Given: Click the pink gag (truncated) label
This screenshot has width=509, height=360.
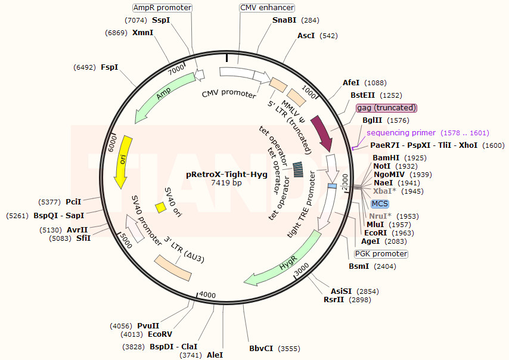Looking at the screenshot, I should pyautogui.click(x=386, y=108).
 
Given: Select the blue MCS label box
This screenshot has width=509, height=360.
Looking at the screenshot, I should pyautogui.click(x=380, y=204).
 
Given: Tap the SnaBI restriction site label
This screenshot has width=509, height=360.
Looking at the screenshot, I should pyautogui.click(x=284, y=20).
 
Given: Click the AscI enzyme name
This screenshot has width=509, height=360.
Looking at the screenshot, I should pyautogui.click(x=306, y=36).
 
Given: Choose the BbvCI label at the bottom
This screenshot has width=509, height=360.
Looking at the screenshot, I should pyautogui.click(x=261, y=348).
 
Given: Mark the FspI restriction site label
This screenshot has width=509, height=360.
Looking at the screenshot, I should pyautogui.click(x=109, y=67).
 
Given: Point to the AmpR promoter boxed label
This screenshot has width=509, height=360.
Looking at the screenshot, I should pyautogui.click(x=162, y=8).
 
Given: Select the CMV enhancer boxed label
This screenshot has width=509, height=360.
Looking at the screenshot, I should pyautogui.click(x=266, y=8).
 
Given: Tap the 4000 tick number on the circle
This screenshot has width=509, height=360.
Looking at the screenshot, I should pyautogui.click(x=207, y=295).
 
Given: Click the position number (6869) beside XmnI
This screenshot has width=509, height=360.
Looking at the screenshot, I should pyautogui.click(x=116, y=33).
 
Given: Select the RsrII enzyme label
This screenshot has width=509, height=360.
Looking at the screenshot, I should pyautogui.click(x=334, y=299).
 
